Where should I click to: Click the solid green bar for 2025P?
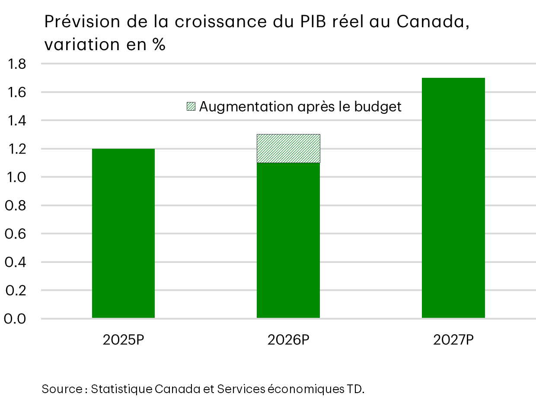123,234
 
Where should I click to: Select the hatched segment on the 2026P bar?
288,148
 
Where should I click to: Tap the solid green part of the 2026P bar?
288,240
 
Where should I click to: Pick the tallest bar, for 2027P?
453,198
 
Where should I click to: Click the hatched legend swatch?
191,106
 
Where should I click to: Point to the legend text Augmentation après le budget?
300,106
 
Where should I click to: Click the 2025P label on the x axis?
123,340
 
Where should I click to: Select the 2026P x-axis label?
288,340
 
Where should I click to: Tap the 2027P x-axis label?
453,340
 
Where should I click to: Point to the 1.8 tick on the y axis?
16,64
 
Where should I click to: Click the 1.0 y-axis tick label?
16,177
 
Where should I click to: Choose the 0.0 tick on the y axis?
16,319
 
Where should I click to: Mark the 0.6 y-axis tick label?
16,234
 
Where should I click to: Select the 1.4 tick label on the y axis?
16,121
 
